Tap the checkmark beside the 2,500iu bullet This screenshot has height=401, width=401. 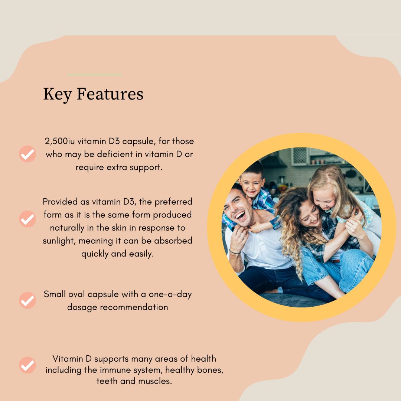coord(27,154)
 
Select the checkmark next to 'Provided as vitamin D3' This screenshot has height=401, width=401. coord(27,219)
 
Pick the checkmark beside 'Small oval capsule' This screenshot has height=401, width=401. coord(27,300)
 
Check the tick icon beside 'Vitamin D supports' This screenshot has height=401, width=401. coord(27,365)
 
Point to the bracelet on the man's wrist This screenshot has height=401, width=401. coord(235,252)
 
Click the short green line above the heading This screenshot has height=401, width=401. coord(95,75)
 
